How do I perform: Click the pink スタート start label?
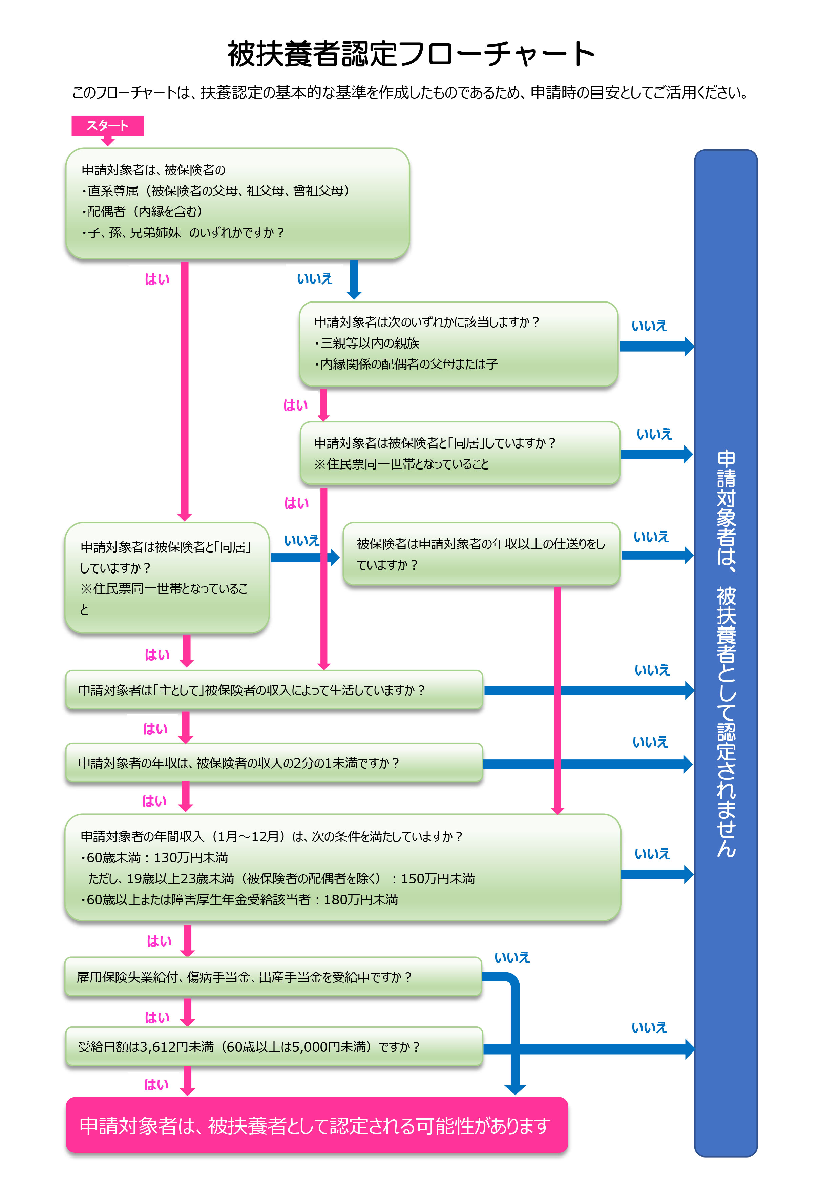click(107, 125)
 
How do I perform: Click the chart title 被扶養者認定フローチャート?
click(411, 54)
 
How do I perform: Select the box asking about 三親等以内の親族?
click(458, 343)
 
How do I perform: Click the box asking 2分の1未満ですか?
click(274, 763)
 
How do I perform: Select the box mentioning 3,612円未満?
click(274, 1047)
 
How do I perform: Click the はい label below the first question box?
click(157, 279)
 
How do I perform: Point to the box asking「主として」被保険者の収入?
click(274, 690)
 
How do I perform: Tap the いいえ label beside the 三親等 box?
click(649, 326)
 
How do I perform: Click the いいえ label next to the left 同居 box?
click(301, 541)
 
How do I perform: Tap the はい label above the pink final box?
click(156, 1084)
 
